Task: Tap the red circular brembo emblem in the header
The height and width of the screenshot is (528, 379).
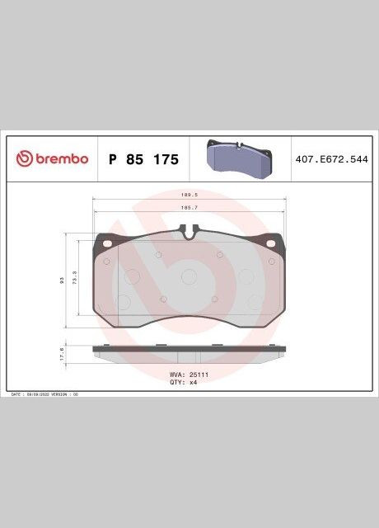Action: point(22,158)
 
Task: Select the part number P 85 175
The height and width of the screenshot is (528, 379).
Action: point(143,159)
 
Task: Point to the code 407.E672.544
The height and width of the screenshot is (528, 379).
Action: point(331,158)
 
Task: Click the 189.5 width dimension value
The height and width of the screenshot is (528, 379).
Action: point(189,196)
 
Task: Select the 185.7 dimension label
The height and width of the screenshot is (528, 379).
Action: point(189,208)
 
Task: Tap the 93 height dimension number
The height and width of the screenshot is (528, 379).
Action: point(62,281)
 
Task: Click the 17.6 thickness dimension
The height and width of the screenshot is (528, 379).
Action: point(62,354)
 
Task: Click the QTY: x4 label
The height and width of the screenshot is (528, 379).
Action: point(183,382)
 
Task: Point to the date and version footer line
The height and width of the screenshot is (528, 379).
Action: point(44,395)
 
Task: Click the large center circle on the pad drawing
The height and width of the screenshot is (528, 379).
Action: point(189,277)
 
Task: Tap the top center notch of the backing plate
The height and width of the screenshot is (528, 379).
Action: point(189,236)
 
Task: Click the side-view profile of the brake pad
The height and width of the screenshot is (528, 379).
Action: point(189,352)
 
